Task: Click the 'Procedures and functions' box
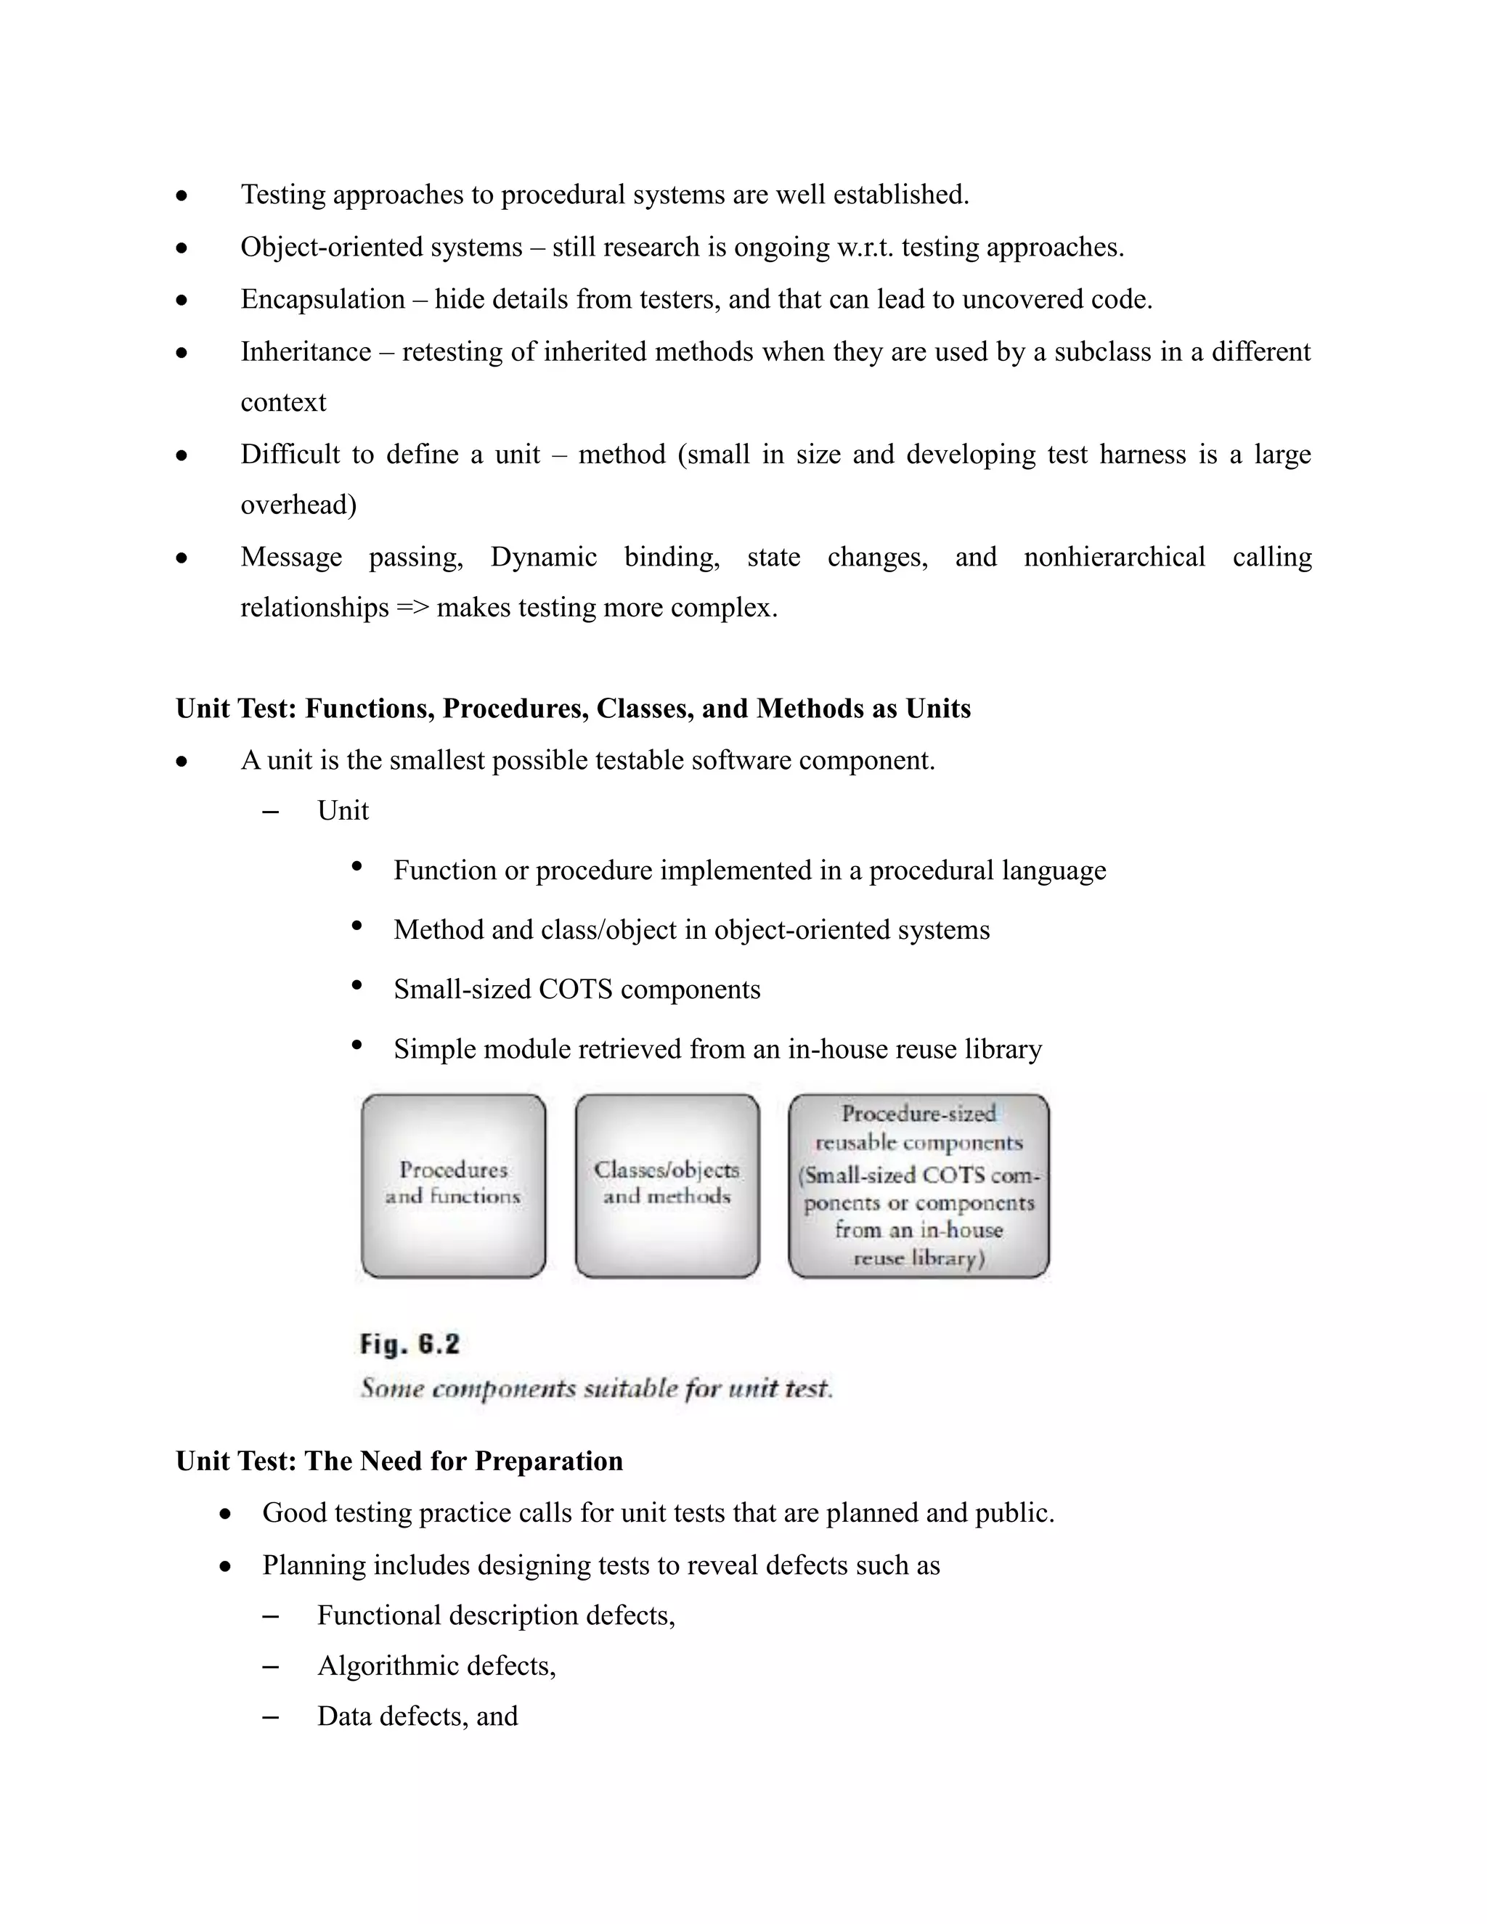[x=453, y=1185]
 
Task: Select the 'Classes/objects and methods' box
[x=667, y=1185]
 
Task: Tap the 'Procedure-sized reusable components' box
[x=918, y=1185]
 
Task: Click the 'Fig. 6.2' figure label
[x=410, y=1345]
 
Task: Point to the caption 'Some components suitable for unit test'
[x=596, y=1388]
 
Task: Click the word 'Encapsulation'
[x=322, y=300]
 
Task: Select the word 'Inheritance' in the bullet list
[x=306, y=351]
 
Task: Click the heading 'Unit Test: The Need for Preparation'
[x=399, y=1462]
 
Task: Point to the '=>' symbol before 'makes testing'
[x=412, y=608]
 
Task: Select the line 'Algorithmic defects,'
[x=436, y=1666]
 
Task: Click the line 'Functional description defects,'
[x=496, y=1615]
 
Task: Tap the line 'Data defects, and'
[x=417, y=1716]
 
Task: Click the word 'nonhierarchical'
[x=1115, y=557]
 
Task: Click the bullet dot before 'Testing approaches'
[x=182, y=195]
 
